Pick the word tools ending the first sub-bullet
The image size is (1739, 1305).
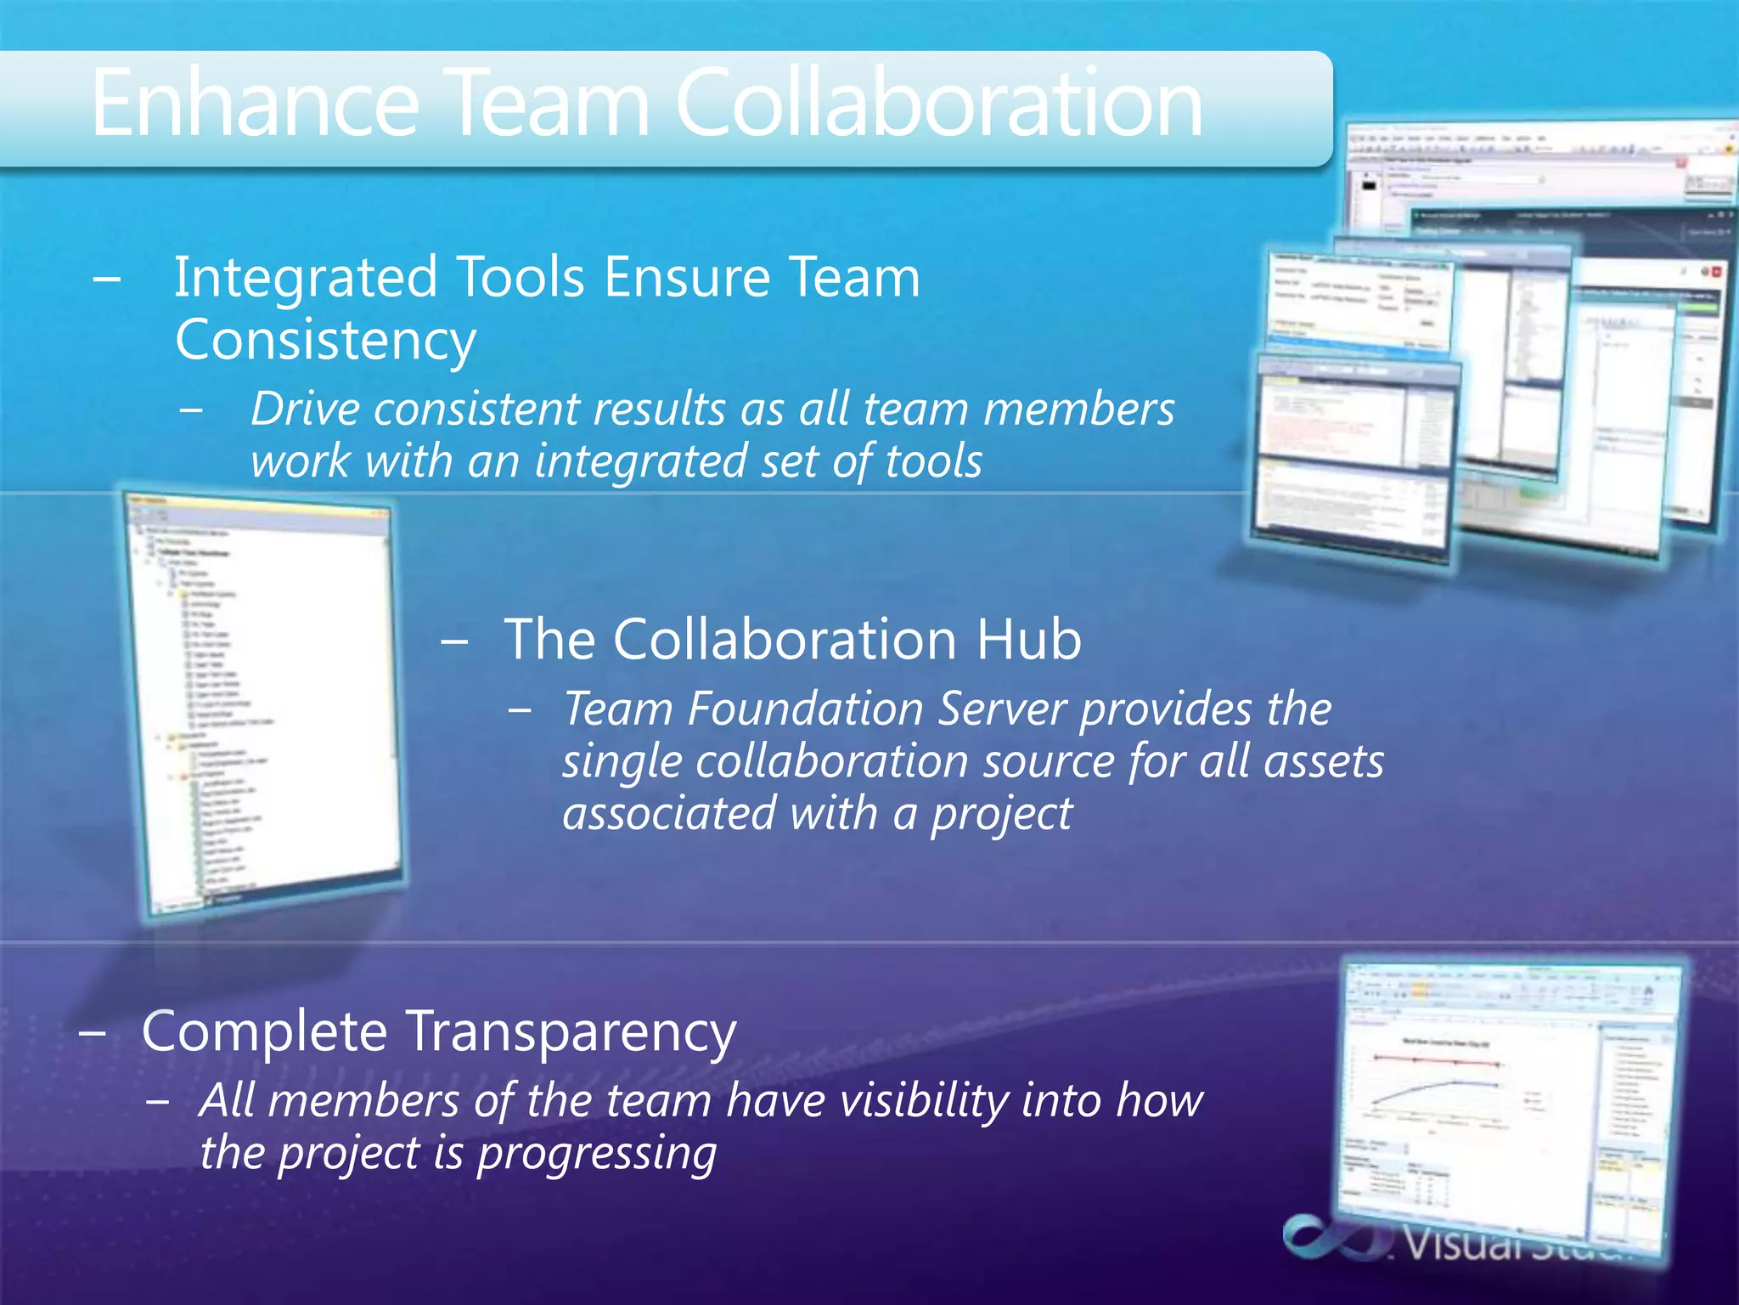933,462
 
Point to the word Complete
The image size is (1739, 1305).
264,1032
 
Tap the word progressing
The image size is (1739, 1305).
597,1155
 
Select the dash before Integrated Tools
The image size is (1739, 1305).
107,280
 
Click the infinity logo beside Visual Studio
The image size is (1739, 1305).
1334,1238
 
